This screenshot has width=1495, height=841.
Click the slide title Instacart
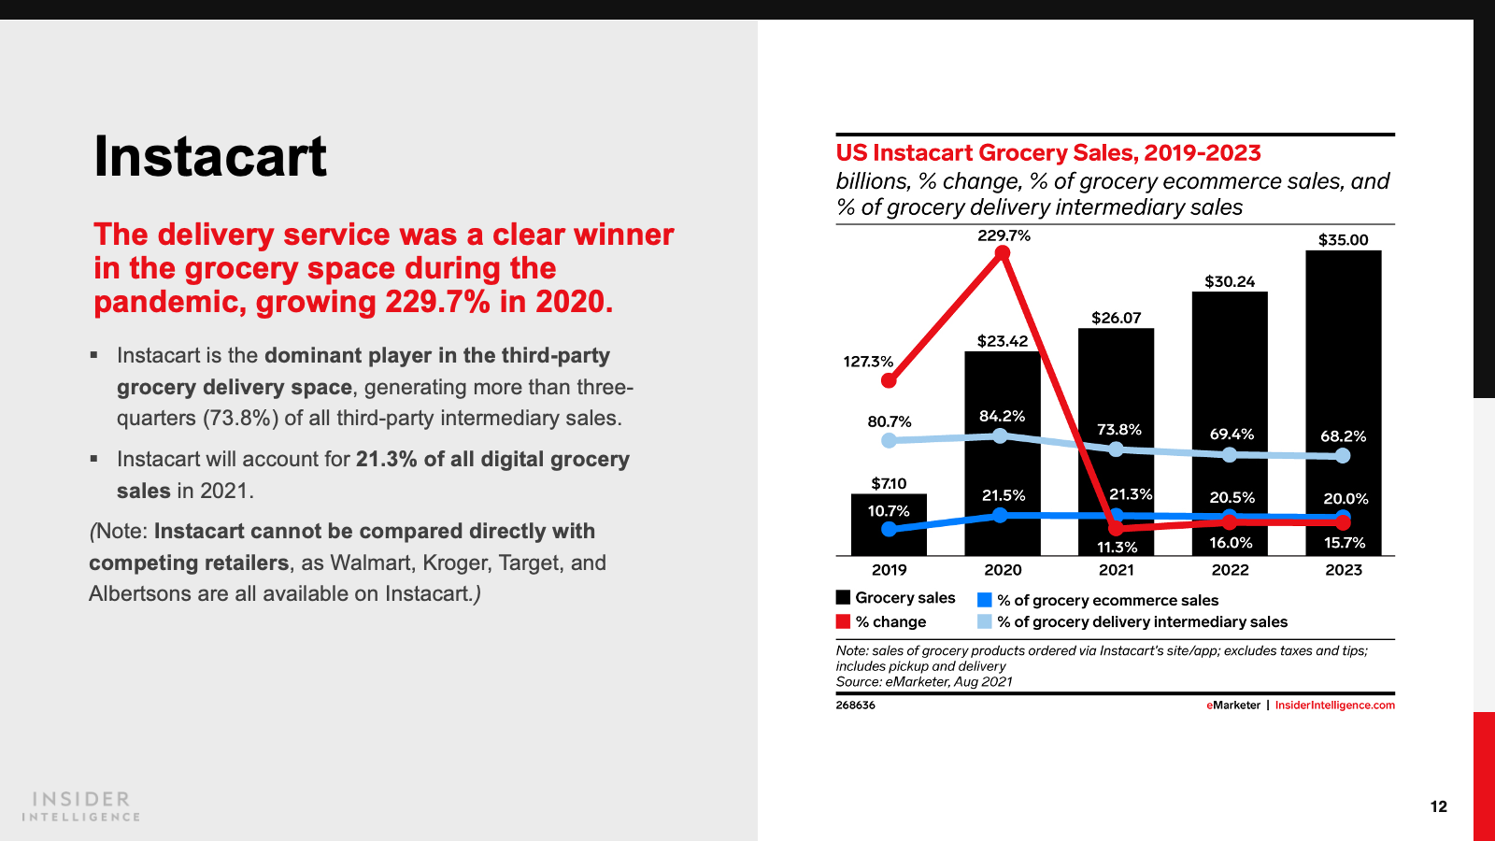pyautogui.click(x=210, y=157)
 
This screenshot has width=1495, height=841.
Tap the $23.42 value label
pyautogui.click(x=1003, y=341)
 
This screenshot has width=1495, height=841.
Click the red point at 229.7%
pyautogui.click(x=1003, y=253)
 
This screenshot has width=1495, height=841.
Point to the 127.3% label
pyautogui.click(x=868, y=362)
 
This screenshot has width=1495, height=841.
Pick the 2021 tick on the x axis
pyautogui.click(x=1116, y=570)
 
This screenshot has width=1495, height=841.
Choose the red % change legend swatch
pyautogui.click(x=844, y=622)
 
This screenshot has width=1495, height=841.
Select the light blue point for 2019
pyautogui.click(x=889, y=440)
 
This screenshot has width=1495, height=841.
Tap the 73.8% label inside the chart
pyautogui.click(x=1118, y=430)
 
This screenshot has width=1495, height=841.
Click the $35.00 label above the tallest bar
pyautogui.click(x=1343, y=240)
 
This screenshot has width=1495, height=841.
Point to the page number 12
pyautogui.click(x=1438, y=806)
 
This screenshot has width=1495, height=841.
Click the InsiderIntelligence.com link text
pyautogui.click(x=1334, y=706)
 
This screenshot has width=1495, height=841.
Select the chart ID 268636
pyautogui.click(x=855, y=706)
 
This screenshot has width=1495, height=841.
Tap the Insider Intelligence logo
pyautogui.click(x=81, y=806)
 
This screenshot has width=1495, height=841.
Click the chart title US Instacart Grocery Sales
pyautogui.click(x=1048, y=153)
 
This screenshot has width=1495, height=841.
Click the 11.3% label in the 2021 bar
pyautogui.click(x=1117, y=548)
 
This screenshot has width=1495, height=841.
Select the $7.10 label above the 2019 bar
pyautogui.click(x=889, y=484)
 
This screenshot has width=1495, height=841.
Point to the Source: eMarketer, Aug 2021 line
pyautogui.click(x=924, y=682)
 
